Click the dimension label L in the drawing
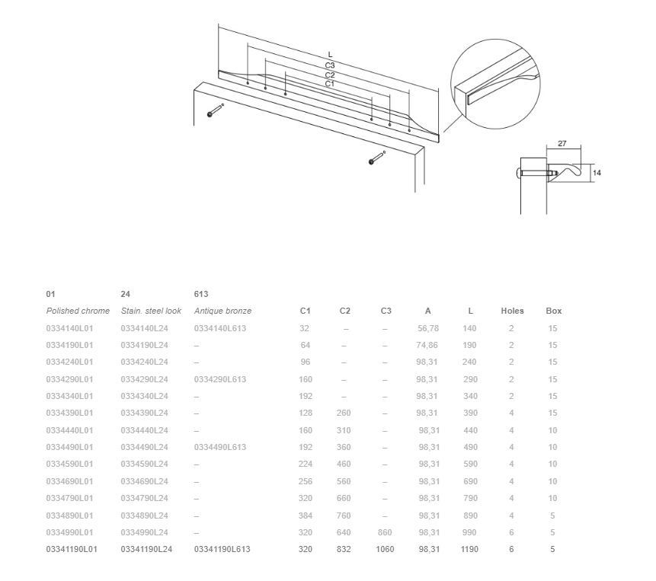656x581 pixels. [x=330, y=55]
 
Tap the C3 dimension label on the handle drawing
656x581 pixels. [x=330, y=65]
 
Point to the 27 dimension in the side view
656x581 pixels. [x=562, y=143]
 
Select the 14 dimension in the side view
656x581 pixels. [x=597, y=173]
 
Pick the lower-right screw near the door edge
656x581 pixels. [x=377, y=158]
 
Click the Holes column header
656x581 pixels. [x=512, y=311]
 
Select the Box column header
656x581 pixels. [x=553, y=311]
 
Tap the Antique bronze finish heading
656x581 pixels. [x=222, y=311]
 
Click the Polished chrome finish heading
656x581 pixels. [x=78, y=311]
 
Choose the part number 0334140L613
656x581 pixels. [x=220, y=328]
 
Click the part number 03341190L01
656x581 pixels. [x=72, y=549]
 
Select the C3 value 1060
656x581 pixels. [x=385, y=549]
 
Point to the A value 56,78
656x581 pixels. [x=428, y=328]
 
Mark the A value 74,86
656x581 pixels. [x=427, y=345]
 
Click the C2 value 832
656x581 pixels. [x=344, y=549]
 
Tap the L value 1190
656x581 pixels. [x=469, y=549]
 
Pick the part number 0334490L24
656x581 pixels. [x=144, y=447]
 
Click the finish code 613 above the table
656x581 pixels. [x=201, y=294]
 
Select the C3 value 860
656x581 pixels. [x=385, y=532]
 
